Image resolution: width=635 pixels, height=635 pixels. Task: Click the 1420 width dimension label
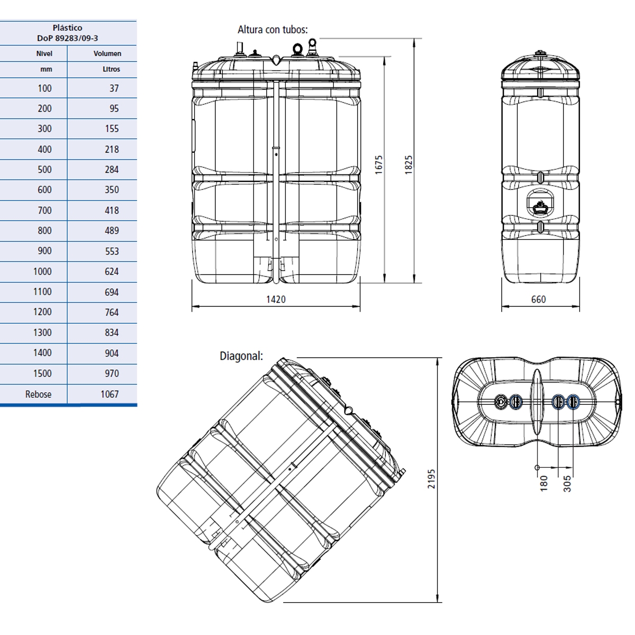pyautogui.click(x=276, y=300)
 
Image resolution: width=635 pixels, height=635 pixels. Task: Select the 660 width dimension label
pyautogui.click(x=538, y=300)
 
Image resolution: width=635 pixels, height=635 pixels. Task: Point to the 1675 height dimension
pyautogui.click(x=379, y=165)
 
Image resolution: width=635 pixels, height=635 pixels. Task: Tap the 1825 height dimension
pyautogui.click(x=409, y=165)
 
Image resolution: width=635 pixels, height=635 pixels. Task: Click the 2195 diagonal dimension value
pyautogui.click(x=432, y=478)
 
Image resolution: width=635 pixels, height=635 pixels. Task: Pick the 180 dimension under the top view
pyautogui.click(x=544, y=484)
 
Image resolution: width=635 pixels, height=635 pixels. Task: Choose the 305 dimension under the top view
pyautogui.click(x=567, y=484)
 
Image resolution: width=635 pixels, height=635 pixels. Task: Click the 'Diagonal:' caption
pyautogui.click(x=241, y=356)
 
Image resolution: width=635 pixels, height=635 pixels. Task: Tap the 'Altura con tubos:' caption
pyautogui.click(x=273, y=30)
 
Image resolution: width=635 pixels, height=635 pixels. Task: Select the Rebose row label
pyautogui.click(x=38, y=394)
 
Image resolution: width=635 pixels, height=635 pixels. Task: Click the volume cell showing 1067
pyautogui.click(x=110, y=394)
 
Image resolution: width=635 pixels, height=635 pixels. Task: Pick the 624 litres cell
pyautogui.click(x=112, y=271)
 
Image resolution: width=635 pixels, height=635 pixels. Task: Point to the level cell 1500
pyautogui.click(x=42, y=374)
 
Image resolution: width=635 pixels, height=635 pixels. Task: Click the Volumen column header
pyautogui.click(x=107, y=53)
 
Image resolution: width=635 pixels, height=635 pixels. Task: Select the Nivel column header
pyautogui.click(x=44, y=53)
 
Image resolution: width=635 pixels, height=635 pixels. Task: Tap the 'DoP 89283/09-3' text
pyautogui.click(x=67, y=38)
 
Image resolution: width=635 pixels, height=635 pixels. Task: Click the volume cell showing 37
pyautogui.click(x=114, y=88)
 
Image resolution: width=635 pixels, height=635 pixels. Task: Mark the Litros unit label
pyautogui.click(x=111, y=69)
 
